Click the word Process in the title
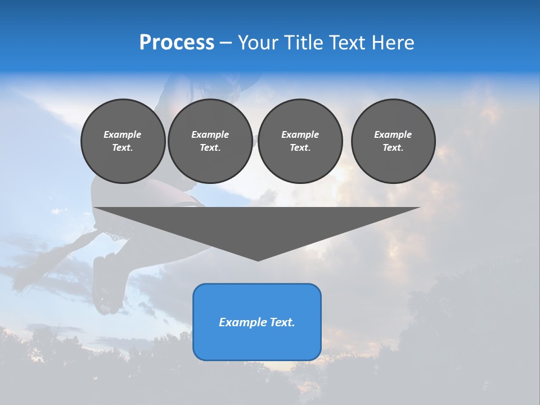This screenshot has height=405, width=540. pyautogui.click(x=177, y=43)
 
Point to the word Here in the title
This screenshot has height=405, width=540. pyautogui.click(x=393, y=43)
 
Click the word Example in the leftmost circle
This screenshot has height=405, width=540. pyautogui.click(x=123, y=134)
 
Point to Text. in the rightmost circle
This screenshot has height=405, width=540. pyautogui.click(x=393, y=147)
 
